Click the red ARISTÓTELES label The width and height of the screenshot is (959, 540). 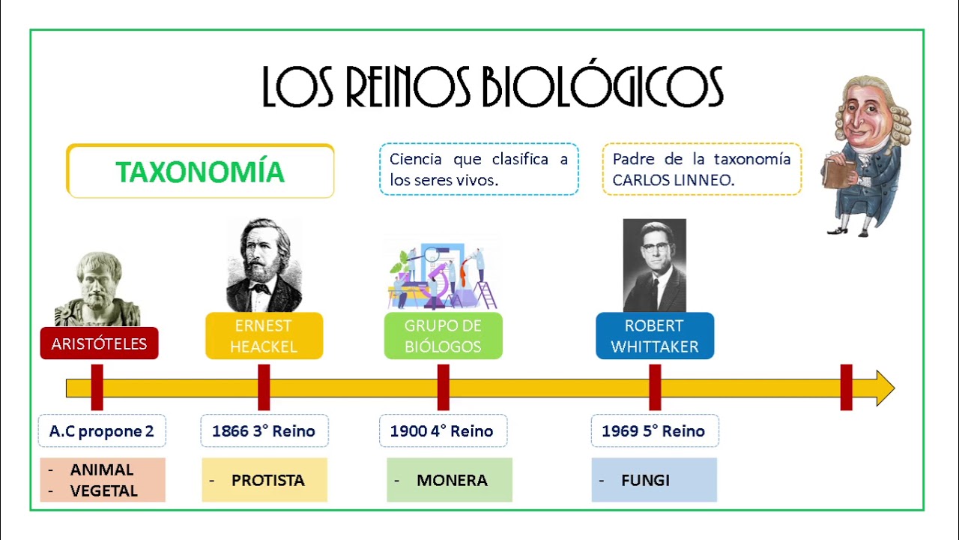pyautogui.click(x=99, y=343)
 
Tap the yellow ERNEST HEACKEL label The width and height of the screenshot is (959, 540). pyautogui.click(x=264, y=336)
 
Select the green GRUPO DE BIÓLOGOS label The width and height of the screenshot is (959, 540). pyautogui.click(x=443, y=336)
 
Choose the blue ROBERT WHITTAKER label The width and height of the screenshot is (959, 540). pyautogui.click(x=654, y=336)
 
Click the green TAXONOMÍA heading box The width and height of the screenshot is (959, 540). pyautogui.click(x=200, y=171)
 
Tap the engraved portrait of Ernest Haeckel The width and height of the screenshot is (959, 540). pyautogui.click(x=264, y=265)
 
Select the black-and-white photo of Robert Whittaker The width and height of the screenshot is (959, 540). pyautogui.click(x=654, y=265)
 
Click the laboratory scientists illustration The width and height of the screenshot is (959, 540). pyautogui.click(x=443, y=275)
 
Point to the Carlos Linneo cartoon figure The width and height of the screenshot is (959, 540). pyautogui.click(x=868, y=154)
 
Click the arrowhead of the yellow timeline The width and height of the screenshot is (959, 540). pyautogui.click(x=884, y=388)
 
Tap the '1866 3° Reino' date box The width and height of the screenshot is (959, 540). pyautogui.click(x=264, y=431)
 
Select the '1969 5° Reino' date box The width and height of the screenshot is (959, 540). pyautogui.click(x=654, y=431)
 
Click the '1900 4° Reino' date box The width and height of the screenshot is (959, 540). pyautogui.click(x=442, y=431)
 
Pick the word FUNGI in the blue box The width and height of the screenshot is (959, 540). pyautogui.click(x=645, y=480)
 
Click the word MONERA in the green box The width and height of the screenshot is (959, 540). pyautogui.click(x=452, y=480)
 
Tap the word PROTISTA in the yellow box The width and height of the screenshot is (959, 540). pyautogui.click(x=267, y=480)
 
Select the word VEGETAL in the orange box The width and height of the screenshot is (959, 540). pyautogui.click(x=103, y=491)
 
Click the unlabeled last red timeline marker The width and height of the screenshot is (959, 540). pyautogui.click(x=846, y=387)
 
